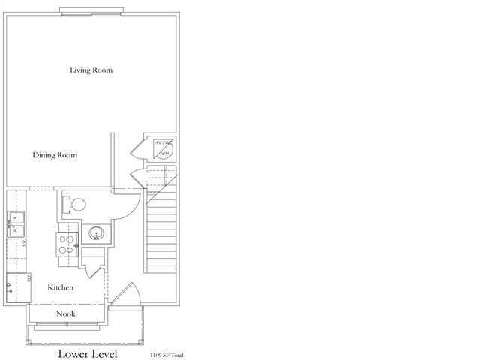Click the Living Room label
(x=91, y=70)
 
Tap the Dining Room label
(x=55, y=155)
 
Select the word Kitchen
(x=60, y=287)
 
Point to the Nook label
(x=67, y=313)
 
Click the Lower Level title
(x=88, y=352)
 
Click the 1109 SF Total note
(x=166, y=354)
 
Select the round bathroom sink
(x=95, y=233)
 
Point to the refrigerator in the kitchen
(x=16, y=285)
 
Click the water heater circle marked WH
(x=164, y=150)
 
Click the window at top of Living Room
(x=91, y=10)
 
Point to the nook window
(x=67, y=326)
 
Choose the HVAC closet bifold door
(x=136, y=148)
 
